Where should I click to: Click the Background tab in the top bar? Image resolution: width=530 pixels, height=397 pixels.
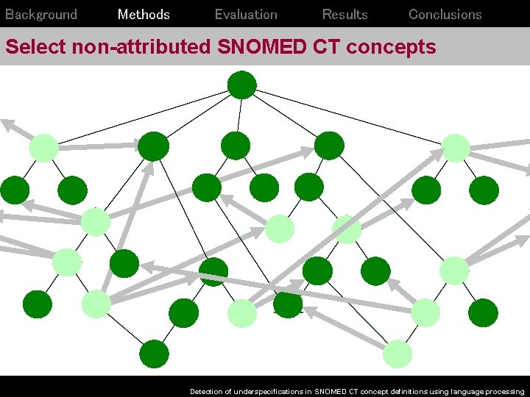(x=41, y=15)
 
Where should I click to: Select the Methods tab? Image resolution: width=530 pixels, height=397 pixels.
(x=144, y=15)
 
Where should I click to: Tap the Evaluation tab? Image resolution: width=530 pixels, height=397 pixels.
(x=246, y=15)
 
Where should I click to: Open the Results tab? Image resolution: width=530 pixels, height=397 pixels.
(x=344, y=15)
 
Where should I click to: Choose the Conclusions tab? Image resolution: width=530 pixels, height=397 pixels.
(x=445, y=15)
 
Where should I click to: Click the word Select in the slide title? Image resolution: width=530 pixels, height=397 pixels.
(x=36, y=47)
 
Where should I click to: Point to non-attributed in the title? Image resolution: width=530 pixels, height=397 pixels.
(x=141, y=47)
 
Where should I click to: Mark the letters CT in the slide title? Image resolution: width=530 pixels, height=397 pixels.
(x=331, y=47)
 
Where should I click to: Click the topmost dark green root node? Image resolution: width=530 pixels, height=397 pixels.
(x=241, y=85)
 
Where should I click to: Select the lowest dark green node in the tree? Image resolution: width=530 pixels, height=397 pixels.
(x=154, y=354)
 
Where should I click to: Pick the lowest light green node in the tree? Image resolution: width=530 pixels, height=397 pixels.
(x=397, y=354)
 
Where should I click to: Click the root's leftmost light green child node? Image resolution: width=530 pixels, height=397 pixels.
(x=43, y=148)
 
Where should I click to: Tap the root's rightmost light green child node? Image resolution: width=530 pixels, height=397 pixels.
(x=456, y=148)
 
